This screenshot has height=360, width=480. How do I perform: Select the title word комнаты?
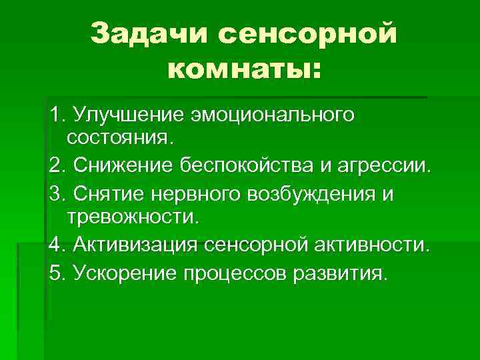coord(243,68)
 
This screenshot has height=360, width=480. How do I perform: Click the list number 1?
coord(56,115)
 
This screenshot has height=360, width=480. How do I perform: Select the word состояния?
coord(119,137)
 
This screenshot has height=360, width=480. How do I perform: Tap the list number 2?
coord(56,163)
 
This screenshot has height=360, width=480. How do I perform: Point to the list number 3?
coord(56,194)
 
